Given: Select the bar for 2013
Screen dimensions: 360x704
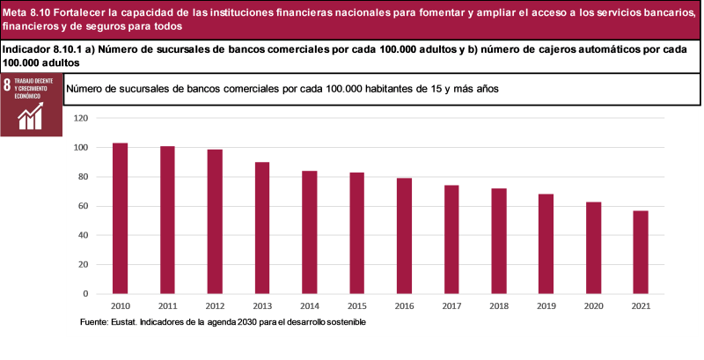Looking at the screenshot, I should [262, 228].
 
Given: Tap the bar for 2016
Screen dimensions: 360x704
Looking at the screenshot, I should [405, 236].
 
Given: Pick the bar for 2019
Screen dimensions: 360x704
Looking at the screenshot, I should [546, 244].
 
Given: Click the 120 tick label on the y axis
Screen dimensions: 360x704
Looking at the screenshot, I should [82, 118].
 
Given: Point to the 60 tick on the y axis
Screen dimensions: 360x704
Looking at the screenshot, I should [84, 206].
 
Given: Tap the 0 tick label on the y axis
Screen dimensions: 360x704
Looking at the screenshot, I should [86, 294].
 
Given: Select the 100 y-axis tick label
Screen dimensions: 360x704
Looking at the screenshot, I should [82, 147].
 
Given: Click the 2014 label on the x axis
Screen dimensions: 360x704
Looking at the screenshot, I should [310, 305].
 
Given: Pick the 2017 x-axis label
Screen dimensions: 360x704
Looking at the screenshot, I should [451, 305].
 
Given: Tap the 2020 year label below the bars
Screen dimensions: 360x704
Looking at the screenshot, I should [593, 305].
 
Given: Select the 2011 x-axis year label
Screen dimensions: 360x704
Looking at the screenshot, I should [167, 305].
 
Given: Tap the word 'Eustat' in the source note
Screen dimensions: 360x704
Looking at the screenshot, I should [130, 322].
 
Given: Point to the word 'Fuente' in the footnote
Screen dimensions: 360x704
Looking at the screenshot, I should [96, 322].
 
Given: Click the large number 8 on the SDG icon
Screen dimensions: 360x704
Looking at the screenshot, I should [8, 86].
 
